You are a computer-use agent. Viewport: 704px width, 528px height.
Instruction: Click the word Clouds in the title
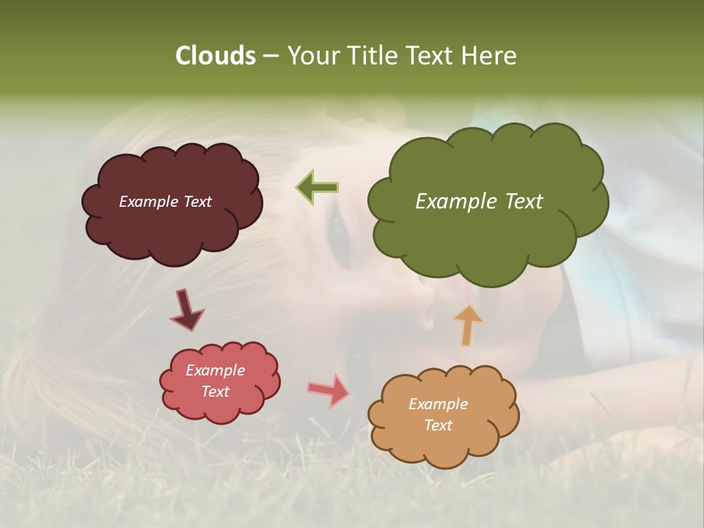[216, 56]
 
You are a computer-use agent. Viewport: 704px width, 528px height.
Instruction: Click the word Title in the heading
[372, 56]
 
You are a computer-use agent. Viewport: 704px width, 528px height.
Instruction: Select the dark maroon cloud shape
[173, 227]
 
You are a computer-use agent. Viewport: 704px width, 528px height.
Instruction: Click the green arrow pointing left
[318, 188]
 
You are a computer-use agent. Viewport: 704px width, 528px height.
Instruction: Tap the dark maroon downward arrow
[187, 310]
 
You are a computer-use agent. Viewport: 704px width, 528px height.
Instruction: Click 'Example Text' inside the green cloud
[479, 202]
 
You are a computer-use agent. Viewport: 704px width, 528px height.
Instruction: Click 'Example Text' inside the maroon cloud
[165, 202]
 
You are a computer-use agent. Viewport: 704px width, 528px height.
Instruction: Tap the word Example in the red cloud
[215, 370]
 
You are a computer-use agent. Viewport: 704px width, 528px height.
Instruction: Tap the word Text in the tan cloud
[438, 425]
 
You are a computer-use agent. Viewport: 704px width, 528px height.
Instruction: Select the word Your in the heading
[313, 56]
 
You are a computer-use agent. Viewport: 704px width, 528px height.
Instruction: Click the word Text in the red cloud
[215, 392]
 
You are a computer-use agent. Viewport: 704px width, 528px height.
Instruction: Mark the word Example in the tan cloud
[438, 404]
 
